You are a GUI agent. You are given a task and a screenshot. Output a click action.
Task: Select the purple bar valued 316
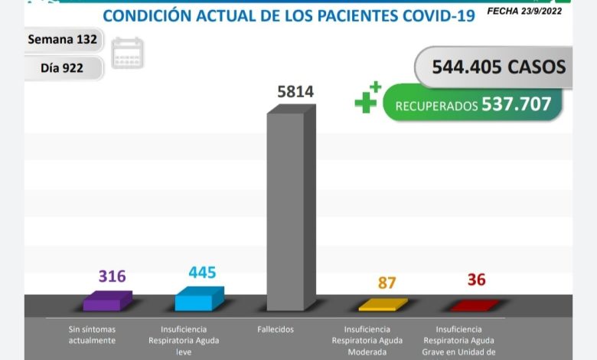106,301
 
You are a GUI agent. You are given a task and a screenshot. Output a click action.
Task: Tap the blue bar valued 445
198,299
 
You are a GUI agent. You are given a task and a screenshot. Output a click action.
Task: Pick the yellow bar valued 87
383,305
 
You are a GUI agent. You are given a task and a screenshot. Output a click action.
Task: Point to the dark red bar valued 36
475,306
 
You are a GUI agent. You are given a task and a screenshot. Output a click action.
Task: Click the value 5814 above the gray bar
295,93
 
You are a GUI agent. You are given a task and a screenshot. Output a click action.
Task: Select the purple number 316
112,276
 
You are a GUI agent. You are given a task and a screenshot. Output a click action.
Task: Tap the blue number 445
202,272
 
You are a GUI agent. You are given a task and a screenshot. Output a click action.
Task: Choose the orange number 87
387,282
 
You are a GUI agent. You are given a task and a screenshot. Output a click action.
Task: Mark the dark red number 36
476,280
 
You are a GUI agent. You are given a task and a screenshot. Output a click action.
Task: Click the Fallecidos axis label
276,329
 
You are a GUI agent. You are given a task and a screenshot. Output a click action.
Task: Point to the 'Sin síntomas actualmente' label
92,335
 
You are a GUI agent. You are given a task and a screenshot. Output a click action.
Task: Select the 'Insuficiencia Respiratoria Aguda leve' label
182,340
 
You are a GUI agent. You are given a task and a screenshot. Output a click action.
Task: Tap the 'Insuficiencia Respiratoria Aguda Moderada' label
364,340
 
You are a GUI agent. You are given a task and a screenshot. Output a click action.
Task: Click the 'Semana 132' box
63,39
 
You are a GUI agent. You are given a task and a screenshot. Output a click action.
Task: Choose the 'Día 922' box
63,67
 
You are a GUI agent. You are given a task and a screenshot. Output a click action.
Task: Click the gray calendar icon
127,53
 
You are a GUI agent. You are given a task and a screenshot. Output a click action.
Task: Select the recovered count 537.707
516,103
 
